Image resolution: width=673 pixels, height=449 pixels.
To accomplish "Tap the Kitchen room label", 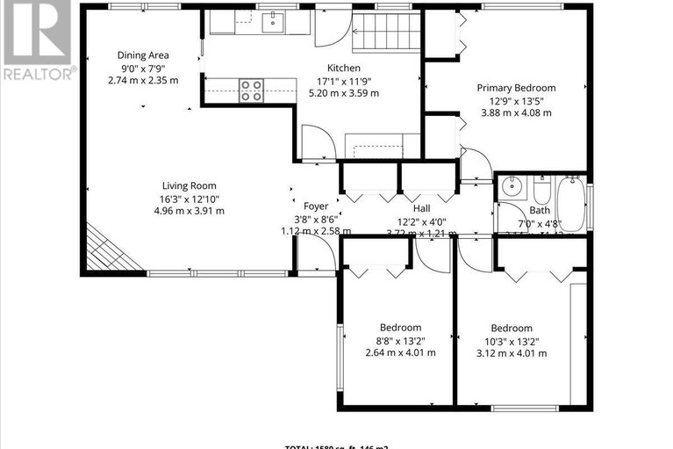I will click(344, 68).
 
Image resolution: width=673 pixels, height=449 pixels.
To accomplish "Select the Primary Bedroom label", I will click(516, 87).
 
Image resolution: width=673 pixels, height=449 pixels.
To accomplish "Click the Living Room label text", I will click(189, 185).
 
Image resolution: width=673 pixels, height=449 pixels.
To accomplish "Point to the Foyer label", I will click(316, 206).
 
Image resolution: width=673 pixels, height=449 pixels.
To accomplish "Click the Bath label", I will click(540, 210).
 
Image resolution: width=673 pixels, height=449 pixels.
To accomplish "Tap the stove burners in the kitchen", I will click(252, 91).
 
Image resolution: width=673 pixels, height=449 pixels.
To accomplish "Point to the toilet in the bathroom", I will click(541, 188).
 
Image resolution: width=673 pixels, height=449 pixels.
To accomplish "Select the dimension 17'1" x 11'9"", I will click(344, 80).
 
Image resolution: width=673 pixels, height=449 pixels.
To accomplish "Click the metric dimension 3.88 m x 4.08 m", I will click(516, 112).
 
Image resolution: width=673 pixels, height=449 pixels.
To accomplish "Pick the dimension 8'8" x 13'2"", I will click(400, 341).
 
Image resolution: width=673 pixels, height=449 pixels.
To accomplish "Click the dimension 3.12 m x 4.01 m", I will click(511, 353).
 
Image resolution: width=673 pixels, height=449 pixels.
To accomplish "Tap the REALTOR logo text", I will click(39, 74).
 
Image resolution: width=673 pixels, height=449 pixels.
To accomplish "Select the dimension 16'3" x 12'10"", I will click(189, 198).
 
